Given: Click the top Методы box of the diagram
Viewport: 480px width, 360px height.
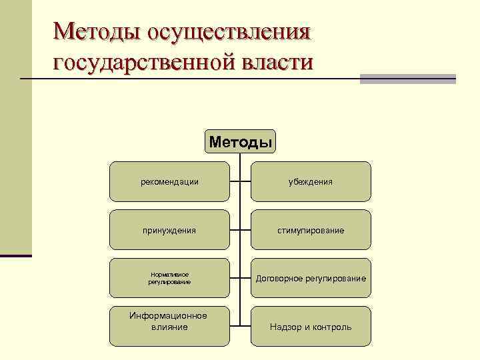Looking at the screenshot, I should [x=240, y=141].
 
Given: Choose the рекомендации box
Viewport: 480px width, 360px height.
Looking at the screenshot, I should [x=169, y=181].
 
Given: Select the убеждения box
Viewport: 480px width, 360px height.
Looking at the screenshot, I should [x=311, y=181].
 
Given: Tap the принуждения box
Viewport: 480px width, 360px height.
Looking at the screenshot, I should [x=169, y=230].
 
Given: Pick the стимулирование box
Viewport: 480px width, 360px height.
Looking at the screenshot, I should [x=311, y=230].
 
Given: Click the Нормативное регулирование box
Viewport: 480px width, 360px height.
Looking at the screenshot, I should [x=169, y=278].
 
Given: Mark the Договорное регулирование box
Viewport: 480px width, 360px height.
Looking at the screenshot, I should [x=311, y=278].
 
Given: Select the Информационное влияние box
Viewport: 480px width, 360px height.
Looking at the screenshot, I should [x=169, y=326].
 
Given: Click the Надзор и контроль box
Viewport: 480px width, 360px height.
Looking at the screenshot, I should [x=311, y=326].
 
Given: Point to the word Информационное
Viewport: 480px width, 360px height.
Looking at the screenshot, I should [x=169, y=315].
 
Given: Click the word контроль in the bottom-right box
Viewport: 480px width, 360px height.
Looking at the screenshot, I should [x=331, y=327].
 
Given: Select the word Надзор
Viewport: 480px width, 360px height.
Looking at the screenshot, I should [x=284, y=327].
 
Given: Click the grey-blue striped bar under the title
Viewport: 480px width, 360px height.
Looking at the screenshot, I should [x=407, y=79].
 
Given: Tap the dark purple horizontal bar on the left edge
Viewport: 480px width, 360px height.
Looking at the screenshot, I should [x=16, y=255].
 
